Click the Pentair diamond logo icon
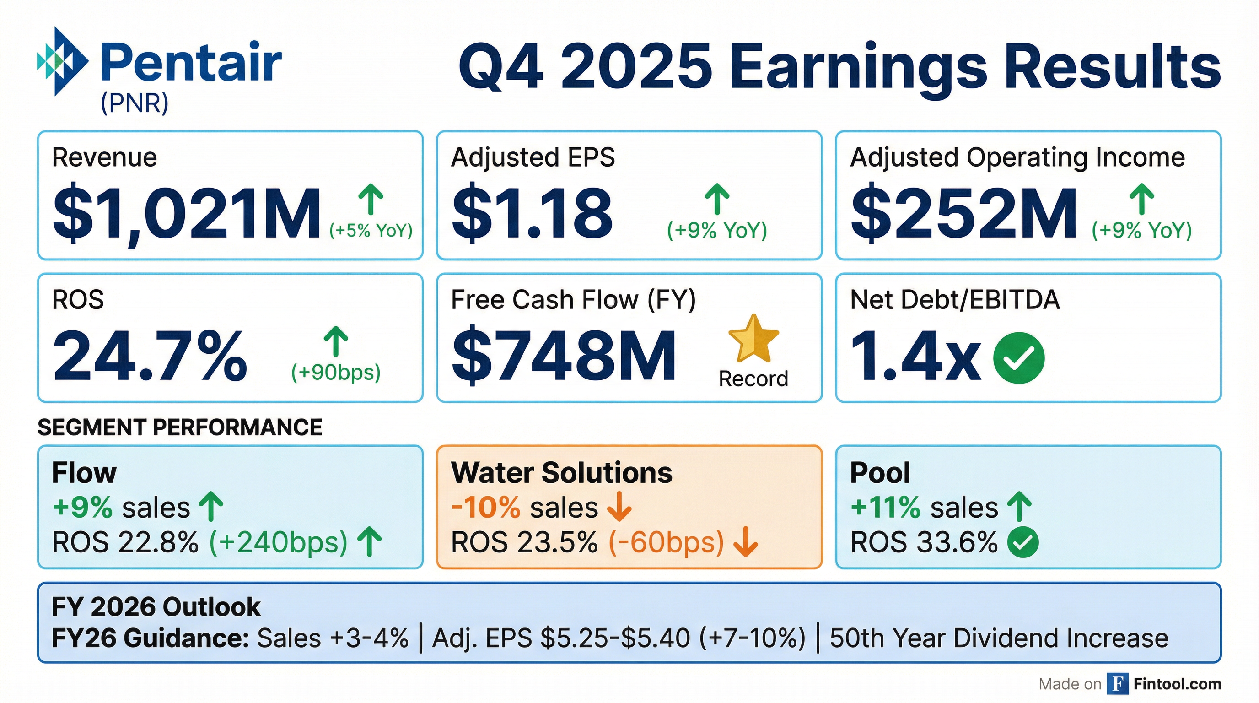click(x=63, y=61)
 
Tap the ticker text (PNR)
click(x=135, y=103)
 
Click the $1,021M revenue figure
click(x=187, y=213)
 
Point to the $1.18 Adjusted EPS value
click(x=532, y=213)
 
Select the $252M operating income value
click(x=964, y=213)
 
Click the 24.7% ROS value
click(x=150, y=356)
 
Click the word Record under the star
click(x=753, y=379)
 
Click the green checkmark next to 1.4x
click(x=1019, y=357)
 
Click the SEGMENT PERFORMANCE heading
click(x=180, y=427)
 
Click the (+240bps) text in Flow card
click(x=278, y=542)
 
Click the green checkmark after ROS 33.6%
click(x=1022, y=542)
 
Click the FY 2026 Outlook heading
click(x=156, y=607)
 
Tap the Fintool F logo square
click(x=1118, y=683)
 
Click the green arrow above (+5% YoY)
click(x=371, y=199)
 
